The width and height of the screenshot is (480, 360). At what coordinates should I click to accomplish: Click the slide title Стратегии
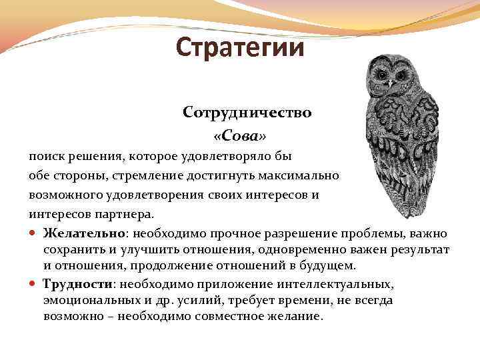tap(240, 48)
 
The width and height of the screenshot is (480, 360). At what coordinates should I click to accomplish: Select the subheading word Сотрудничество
tap(247, 113)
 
